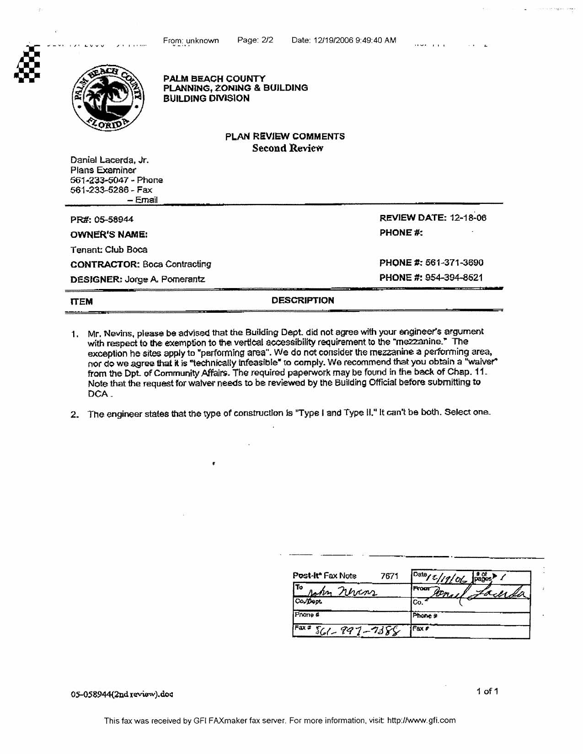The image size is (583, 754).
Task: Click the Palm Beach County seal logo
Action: (108, 97)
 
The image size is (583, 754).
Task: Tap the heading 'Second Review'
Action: (288, 148)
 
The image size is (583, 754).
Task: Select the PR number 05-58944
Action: (114, 219)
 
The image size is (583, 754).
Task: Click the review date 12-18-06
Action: (468, 218)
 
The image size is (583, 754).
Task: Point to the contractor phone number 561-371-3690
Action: (454, 263)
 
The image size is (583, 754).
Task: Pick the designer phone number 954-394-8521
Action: (454, 278)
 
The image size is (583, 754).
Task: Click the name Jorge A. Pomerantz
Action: (165, 279)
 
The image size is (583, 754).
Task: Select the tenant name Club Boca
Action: (126, 250)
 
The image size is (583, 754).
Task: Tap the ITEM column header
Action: (82, 302)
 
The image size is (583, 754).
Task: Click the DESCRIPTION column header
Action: (303, 300)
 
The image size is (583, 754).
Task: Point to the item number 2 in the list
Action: (75, 415)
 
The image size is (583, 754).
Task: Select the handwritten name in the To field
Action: (341, 592)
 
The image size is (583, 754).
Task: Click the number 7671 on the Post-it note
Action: (390, 576)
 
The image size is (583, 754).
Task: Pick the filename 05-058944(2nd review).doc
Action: (122, 694)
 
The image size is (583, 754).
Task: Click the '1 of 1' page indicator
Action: (487, 691)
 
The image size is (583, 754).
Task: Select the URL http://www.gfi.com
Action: (421, 721)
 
